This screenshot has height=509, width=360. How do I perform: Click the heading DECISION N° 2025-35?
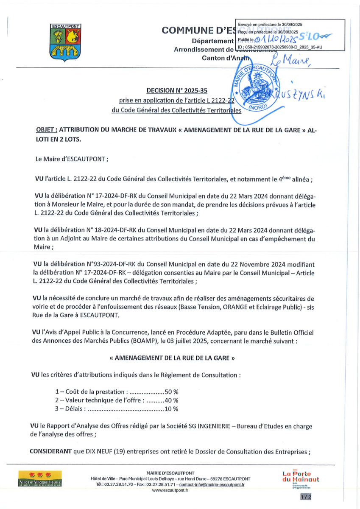coord(177,90)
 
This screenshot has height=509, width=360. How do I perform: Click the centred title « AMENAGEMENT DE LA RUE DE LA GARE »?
coord(172,358)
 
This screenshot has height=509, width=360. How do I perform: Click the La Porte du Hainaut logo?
coord(301,477)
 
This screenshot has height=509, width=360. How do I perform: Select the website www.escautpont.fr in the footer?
coord(170,490)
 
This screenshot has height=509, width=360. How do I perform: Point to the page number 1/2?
coord(304,497)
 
